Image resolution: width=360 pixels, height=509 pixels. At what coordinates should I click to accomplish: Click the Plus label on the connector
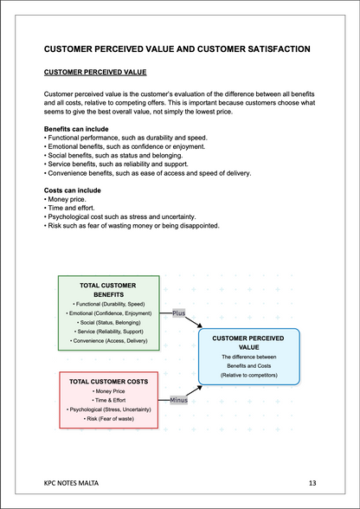[x=178, y=312]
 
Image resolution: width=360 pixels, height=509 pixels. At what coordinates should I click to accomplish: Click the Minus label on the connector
[x=178, y=400]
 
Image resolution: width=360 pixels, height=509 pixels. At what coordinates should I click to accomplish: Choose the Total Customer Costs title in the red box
[x=108, y=381]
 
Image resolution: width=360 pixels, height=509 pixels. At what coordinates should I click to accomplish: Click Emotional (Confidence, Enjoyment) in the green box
[x=107, y=312]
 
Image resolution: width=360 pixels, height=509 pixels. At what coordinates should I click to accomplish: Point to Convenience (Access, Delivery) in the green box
[x=107, y=342]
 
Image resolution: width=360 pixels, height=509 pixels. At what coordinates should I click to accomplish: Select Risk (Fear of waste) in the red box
[x=108, y=418]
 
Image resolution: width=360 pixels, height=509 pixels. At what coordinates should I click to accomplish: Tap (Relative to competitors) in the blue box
[x=249, y=376]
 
